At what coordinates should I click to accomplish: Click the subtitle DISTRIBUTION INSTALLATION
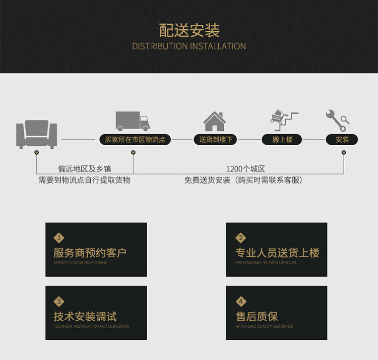189,46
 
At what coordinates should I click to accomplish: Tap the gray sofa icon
36,133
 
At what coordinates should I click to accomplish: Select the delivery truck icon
133,122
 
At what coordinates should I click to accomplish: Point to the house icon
214,122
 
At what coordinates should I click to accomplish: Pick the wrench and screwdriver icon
337,121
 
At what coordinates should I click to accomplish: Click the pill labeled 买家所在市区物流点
135,140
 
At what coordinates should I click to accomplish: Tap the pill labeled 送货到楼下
216,140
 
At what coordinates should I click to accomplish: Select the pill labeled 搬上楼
283,140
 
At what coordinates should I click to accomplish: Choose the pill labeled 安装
342,140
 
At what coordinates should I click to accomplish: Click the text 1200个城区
245,169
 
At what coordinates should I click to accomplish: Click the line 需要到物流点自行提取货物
85,179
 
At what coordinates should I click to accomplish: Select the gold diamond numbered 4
241,302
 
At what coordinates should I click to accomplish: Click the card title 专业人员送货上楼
277,253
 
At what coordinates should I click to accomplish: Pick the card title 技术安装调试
85,317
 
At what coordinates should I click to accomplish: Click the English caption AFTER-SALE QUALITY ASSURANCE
264,326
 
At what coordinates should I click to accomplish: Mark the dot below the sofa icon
36,152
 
